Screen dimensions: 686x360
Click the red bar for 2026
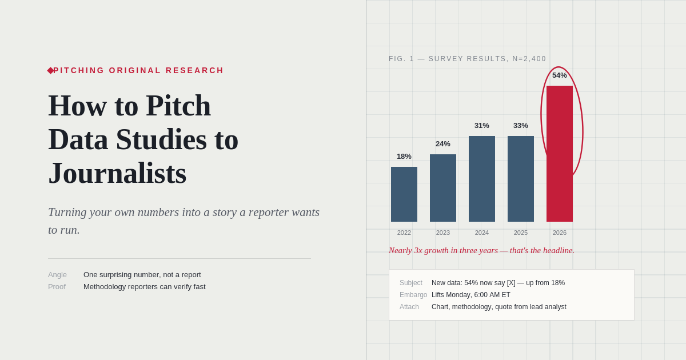click(560, 154)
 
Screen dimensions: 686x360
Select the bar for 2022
click(404, 194)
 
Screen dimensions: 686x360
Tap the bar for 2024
click(482, 179)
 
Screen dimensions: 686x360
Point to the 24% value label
click(443, 144)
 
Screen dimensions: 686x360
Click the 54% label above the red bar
click(560, 75)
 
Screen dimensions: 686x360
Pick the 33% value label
click(521, 126)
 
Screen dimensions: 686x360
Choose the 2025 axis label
click(521, 233)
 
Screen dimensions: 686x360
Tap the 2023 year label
click(443, 233)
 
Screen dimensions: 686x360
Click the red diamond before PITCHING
click(50, 70)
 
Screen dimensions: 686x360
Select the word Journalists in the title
click(117, 173)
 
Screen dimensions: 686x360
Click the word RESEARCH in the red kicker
click(194, 70)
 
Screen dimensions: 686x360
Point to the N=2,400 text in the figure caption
click(529, 59)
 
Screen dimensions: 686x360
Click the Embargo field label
click(413, 295)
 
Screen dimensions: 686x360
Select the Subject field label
click(410, 283)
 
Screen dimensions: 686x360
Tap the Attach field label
click(409, 307)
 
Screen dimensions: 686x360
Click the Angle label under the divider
click(57, 275)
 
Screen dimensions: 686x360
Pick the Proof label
click(57, 287)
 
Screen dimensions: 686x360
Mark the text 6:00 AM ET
click(492, 295)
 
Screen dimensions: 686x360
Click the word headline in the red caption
click(559, 250)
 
